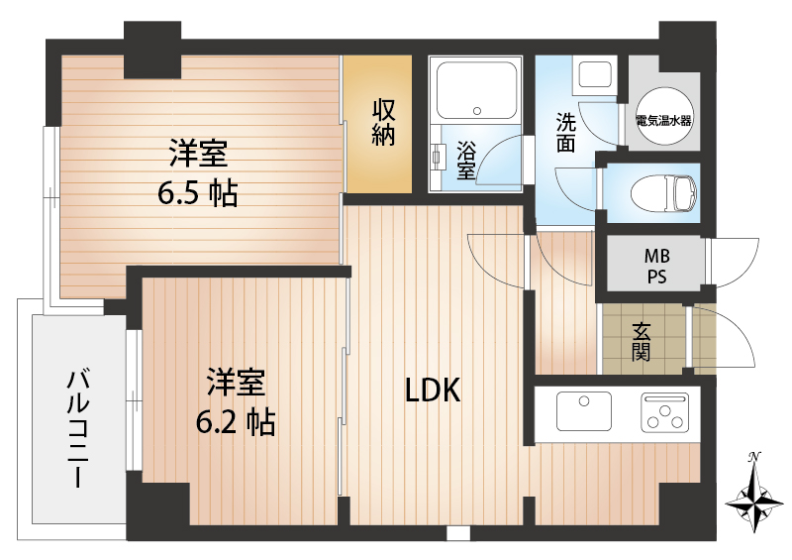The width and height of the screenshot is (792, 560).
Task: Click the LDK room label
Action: click(x=433, y=391)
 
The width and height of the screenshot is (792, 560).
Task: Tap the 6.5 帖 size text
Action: click(x=197, y=192)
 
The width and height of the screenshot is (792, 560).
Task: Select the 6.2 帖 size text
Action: click(x=236, y=422)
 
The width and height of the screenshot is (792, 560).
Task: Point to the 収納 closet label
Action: click(x=383, y=123)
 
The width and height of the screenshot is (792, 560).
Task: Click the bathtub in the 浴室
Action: click(x=476, y=90)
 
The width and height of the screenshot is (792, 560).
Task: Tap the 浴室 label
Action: click(x=465, y=160)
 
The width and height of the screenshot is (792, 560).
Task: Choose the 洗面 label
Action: click(x=565, y=133)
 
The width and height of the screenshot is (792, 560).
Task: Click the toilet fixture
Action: click(x=663, y=192)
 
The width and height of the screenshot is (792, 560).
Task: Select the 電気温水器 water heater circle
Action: click(x=663, y=117)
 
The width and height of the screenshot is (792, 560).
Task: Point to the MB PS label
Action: click(x=657, y=266)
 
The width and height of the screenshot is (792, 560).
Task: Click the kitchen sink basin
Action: click(x=584, y=411)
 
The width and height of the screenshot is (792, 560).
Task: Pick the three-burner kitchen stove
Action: click(x=664, y=412)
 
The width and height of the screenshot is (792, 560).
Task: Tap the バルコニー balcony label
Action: click(x=78, y=429)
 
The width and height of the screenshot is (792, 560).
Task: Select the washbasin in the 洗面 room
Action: click(x=595, y=76)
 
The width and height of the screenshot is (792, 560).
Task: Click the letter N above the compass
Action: click(x=754, y=457)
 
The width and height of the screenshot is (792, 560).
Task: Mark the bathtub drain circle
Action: click(x=477, y=111)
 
